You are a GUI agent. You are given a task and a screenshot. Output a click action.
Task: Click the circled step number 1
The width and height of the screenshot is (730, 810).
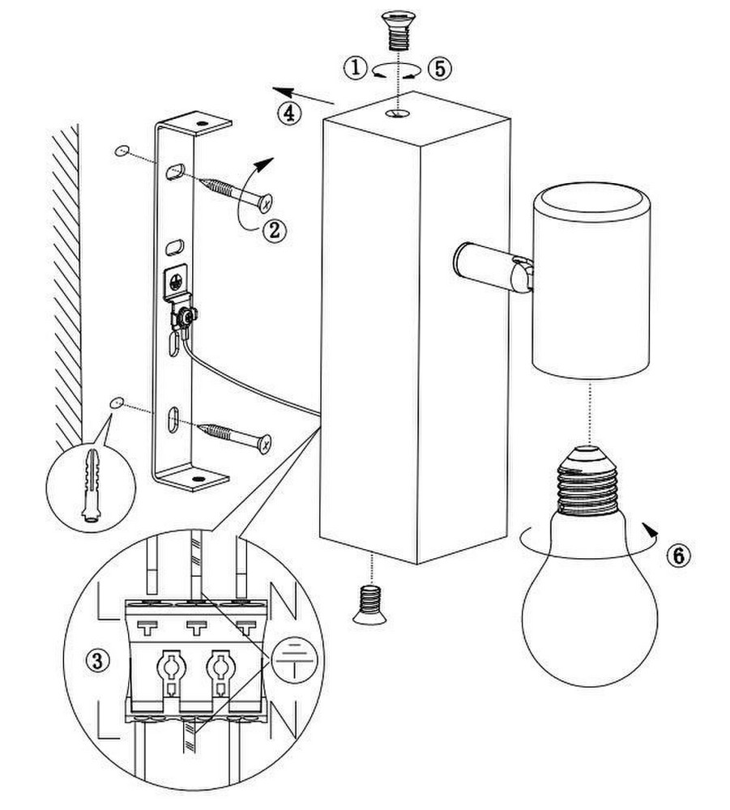point(356,68)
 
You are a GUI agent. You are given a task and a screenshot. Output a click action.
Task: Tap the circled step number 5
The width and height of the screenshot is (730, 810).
point(440,68)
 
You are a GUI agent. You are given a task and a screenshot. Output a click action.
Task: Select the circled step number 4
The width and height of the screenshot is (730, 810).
point(288,113)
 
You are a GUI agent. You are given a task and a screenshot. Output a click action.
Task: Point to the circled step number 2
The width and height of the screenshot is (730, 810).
point(275,230)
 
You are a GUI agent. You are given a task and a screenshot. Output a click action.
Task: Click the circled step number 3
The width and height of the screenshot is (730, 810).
point(97,660)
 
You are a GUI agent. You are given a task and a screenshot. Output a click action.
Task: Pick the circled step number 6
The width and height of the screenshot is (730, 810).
point(678,556)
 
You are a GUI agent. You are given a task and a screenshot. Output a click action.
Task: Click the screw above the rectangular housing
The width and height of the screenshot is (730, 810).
point(399,30)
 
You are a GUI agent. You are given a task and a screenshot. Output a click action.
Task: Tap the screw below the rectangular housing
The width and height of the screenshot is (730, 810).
point(370,604)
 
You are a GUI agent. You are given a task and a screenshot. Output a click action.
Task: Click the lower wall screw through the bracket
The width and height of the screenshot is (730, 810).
point(235,437)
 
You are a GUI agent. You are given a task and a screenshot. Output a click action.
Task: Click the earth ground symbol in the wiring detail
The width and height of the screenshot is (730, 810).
point(293,658)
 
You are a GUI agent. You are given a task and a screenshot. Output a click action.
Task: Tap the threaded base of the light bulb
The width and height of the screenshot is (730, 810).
point(589,481)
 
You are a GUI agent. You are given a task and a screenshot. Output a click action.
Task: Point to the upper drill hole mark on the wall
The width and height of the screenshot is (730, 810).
point(122,151)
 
